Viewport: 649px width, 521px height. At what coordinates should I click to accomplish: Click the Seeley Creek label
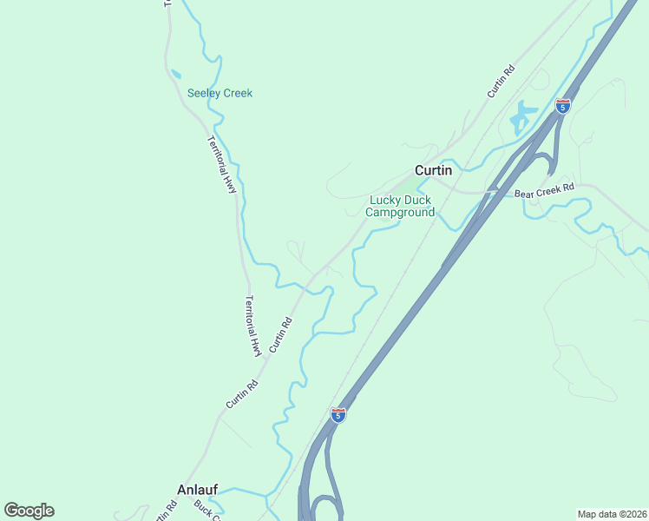click(x=220, y=93)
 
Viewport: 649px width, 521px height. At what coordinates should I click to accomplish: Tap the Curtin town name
click(x=433, y=170)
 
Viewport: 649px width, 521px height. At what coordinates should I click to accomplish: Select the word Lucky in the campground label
click(x=385, y=200)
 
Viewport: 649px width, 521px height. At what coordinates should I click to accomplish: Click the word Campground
click(x=400, y=212)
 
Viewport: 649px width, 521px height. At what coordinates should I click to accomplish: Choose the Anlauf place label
click(x=196, y=488)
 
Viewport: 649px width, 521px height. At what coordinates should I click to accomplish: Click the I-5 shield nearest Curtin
click(x=563, y=106)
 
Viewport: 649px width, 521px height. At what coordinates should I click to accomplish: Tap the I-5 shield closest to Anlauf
click(x=338, y=415)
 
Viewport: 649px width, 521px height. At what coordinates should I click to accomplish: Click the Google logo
click(x=29, y=511)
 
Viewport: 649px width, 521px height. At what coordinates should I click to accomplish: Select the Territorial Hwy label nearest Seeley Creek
click(x=222, y=164)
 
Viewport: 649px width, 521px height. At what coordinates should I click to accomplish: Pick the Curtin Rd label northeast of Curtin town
click(x=501, y=81)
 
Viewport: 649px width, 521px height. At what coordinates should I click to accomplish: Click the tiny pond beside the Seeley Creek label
click(x=176, y=74)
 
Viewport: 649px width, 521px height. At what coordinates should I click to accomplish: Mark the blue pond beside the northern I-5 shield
click(x=522, y=115)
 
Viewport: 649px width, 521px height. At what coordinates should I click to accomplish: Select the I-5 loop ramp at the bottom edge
click(x=324, y=507)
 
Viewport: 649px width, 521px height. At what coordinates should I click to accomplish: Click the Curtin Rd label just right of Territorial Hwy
click(x=280, y=333)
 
